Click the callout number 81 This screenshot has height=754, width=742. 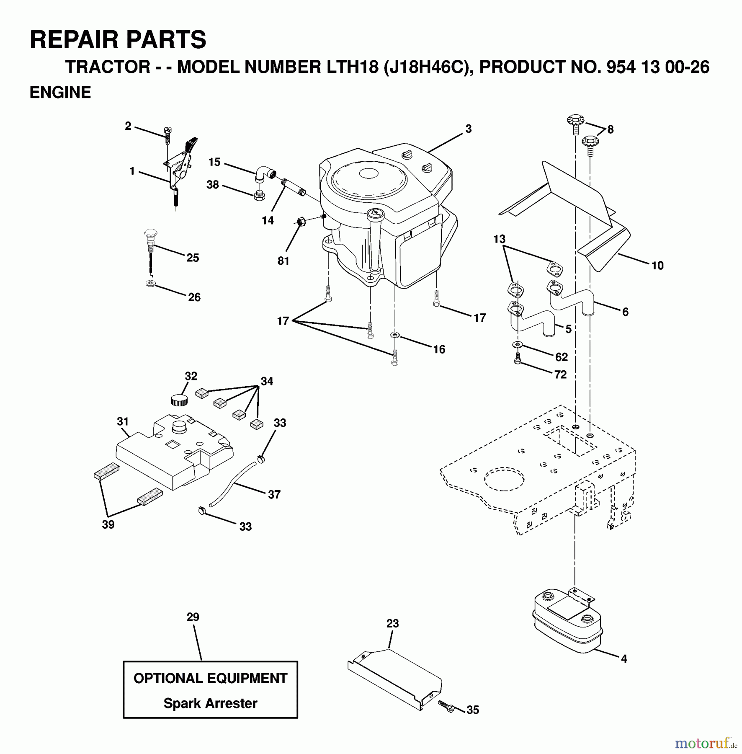click(283, 261)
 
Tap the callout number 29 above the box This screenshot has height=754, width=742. click(193, 617)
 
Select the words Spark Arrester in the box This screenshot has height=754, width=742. click(210, 703)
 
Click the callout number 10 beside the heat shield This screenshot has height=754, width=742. click(657, 265)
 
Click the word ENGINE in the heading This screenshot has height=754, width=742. click(60, 93)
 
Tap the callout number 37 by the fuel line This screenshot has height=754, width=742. click(274, 494)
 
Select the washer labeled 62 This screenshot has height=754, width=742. click(518, 344)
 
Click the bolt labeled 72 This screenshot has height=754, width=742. click(518, 359)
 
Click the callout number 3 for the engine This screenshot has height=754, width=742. click(468, 129)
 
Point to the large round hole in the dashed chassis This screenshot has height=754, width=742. click(504, 478)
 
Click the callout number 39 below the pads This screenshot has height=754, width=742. click(108, 524)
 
